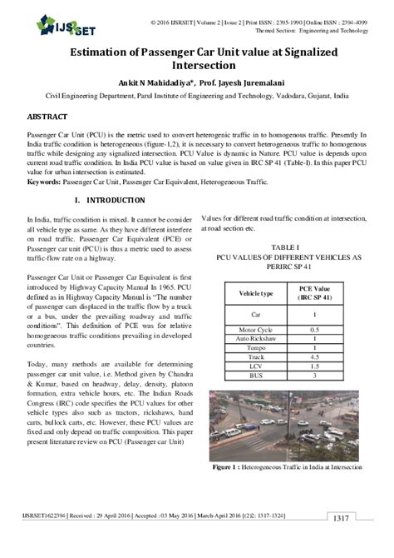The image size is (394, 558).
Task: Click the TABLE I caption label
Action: point(284,247)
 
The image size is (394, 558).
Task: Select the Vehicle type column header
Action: point(255,294)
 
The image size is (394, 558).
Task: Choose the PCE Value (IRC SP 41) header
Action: point(314,294)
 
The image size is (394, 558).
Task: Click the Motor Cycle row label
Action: point(255,331)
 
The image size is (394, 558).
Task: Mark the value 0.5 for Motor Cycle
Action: point(314,331)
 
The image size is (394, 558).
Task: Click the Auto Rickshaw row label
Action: point(255,340)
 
